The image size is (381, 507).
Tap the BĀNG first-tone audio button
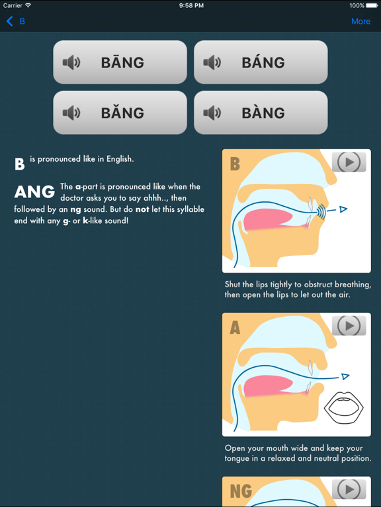click(x=120, y=63)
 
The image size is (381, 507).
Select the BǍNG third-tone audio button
click(x=120, y=113)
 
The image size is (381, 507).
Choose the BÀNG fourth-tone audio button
click(x=261, y=113)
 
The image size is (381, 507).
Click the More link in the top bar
click(x=360, y=21)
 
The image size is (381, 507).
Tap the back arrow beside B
click(x=10, y=21)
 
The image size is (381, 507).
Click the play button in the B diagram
click(x=349, y=162)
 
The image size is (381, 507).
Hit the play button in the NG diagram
click(x=349, y=489)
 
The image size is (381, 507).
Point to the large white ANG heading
click(x=34, y=192)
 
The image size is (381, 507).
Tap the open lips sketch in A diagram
click(x=344, y=407)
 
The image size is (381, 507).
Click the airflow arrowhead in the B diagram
click(x=343, y=210)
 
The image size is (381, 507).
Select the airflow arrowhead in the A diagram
click(x=344, y=377)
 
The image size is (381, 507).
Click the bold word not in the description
click(x=142, y=209)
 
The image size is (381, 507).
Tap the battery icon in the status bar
click(x=372, y=5)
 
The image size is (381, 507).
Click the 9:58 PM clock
click(x=190, y=5)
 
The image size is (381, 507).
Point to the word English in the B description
click(x=119, y=159)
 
